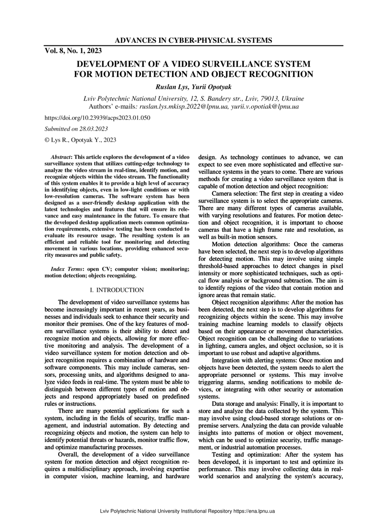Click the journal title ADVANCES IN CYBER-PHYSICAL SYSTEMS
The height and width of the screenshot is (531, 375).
pos(193,41)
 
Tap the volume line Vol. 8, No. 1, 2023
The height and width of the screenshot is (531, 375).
pos(73,51)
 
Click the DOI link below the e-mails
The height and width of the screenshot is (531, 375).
pos(98,117)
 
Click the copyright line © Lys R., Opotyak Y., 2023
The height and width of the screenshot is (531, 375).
pos(80,140)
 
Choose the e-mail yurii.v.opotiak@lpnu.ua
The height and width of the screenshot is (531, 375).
pos(265,106)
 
